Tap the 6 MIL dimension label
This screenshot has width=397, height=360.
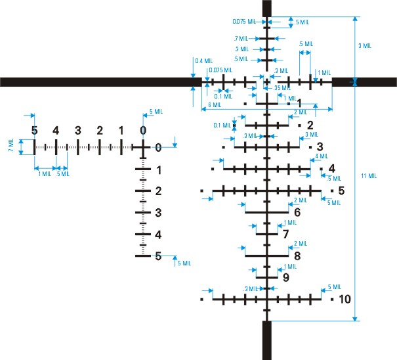(215, 105)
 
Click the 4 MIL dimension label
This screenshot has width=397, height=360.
(321, 156)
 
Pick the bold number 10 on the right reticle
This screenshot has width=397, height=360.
(345, 300)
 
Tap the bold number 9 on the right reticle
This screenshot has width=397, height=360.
(285, 277)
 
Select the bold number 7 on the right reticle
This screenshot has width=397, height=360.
(285, 233)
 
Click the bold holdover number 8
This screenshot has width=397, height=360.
(297, 256)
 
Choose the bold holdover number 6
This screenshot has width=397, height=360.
(297, 212)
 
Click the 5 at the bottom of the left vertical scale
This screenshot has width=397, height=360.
(158, 257)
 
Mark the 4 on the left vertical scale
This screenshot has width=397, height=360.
(158, 235)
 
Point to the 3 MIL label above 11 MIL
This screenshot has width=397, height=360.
(365, 46)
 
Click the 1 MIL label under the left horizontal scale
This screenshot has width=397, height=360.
(45, 174)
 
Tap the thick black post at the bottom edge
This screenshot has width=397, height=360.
(267, 340)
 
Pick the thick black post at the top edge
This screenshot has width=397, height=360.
(267, 8)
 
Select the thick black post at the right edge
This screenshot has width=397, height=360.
(364, 81)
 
